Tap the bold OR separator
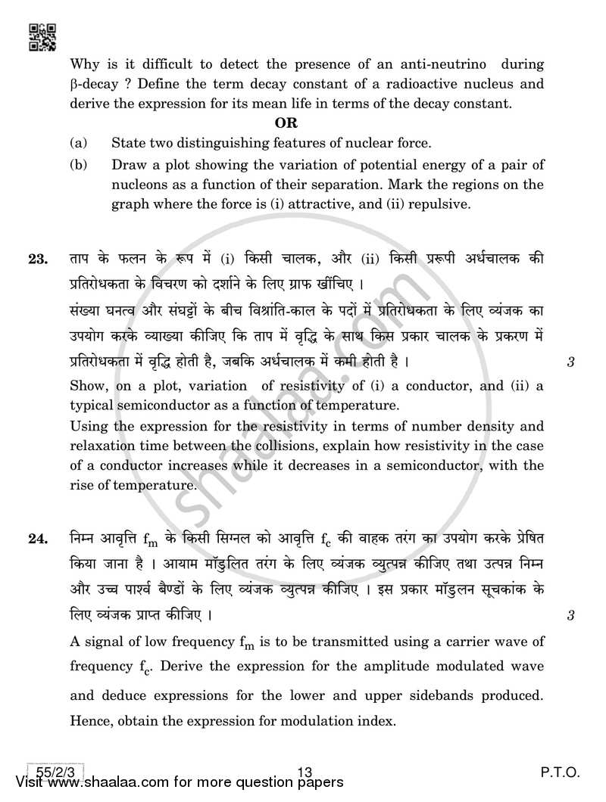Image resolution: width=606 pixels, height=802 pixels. click(x=286, y=123)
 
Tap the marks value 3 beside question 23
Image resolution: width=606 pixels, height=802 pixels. click(x=570, y=362)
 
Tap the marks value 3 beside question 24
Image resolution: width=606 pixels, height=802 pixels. click(x=570, y=615)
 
